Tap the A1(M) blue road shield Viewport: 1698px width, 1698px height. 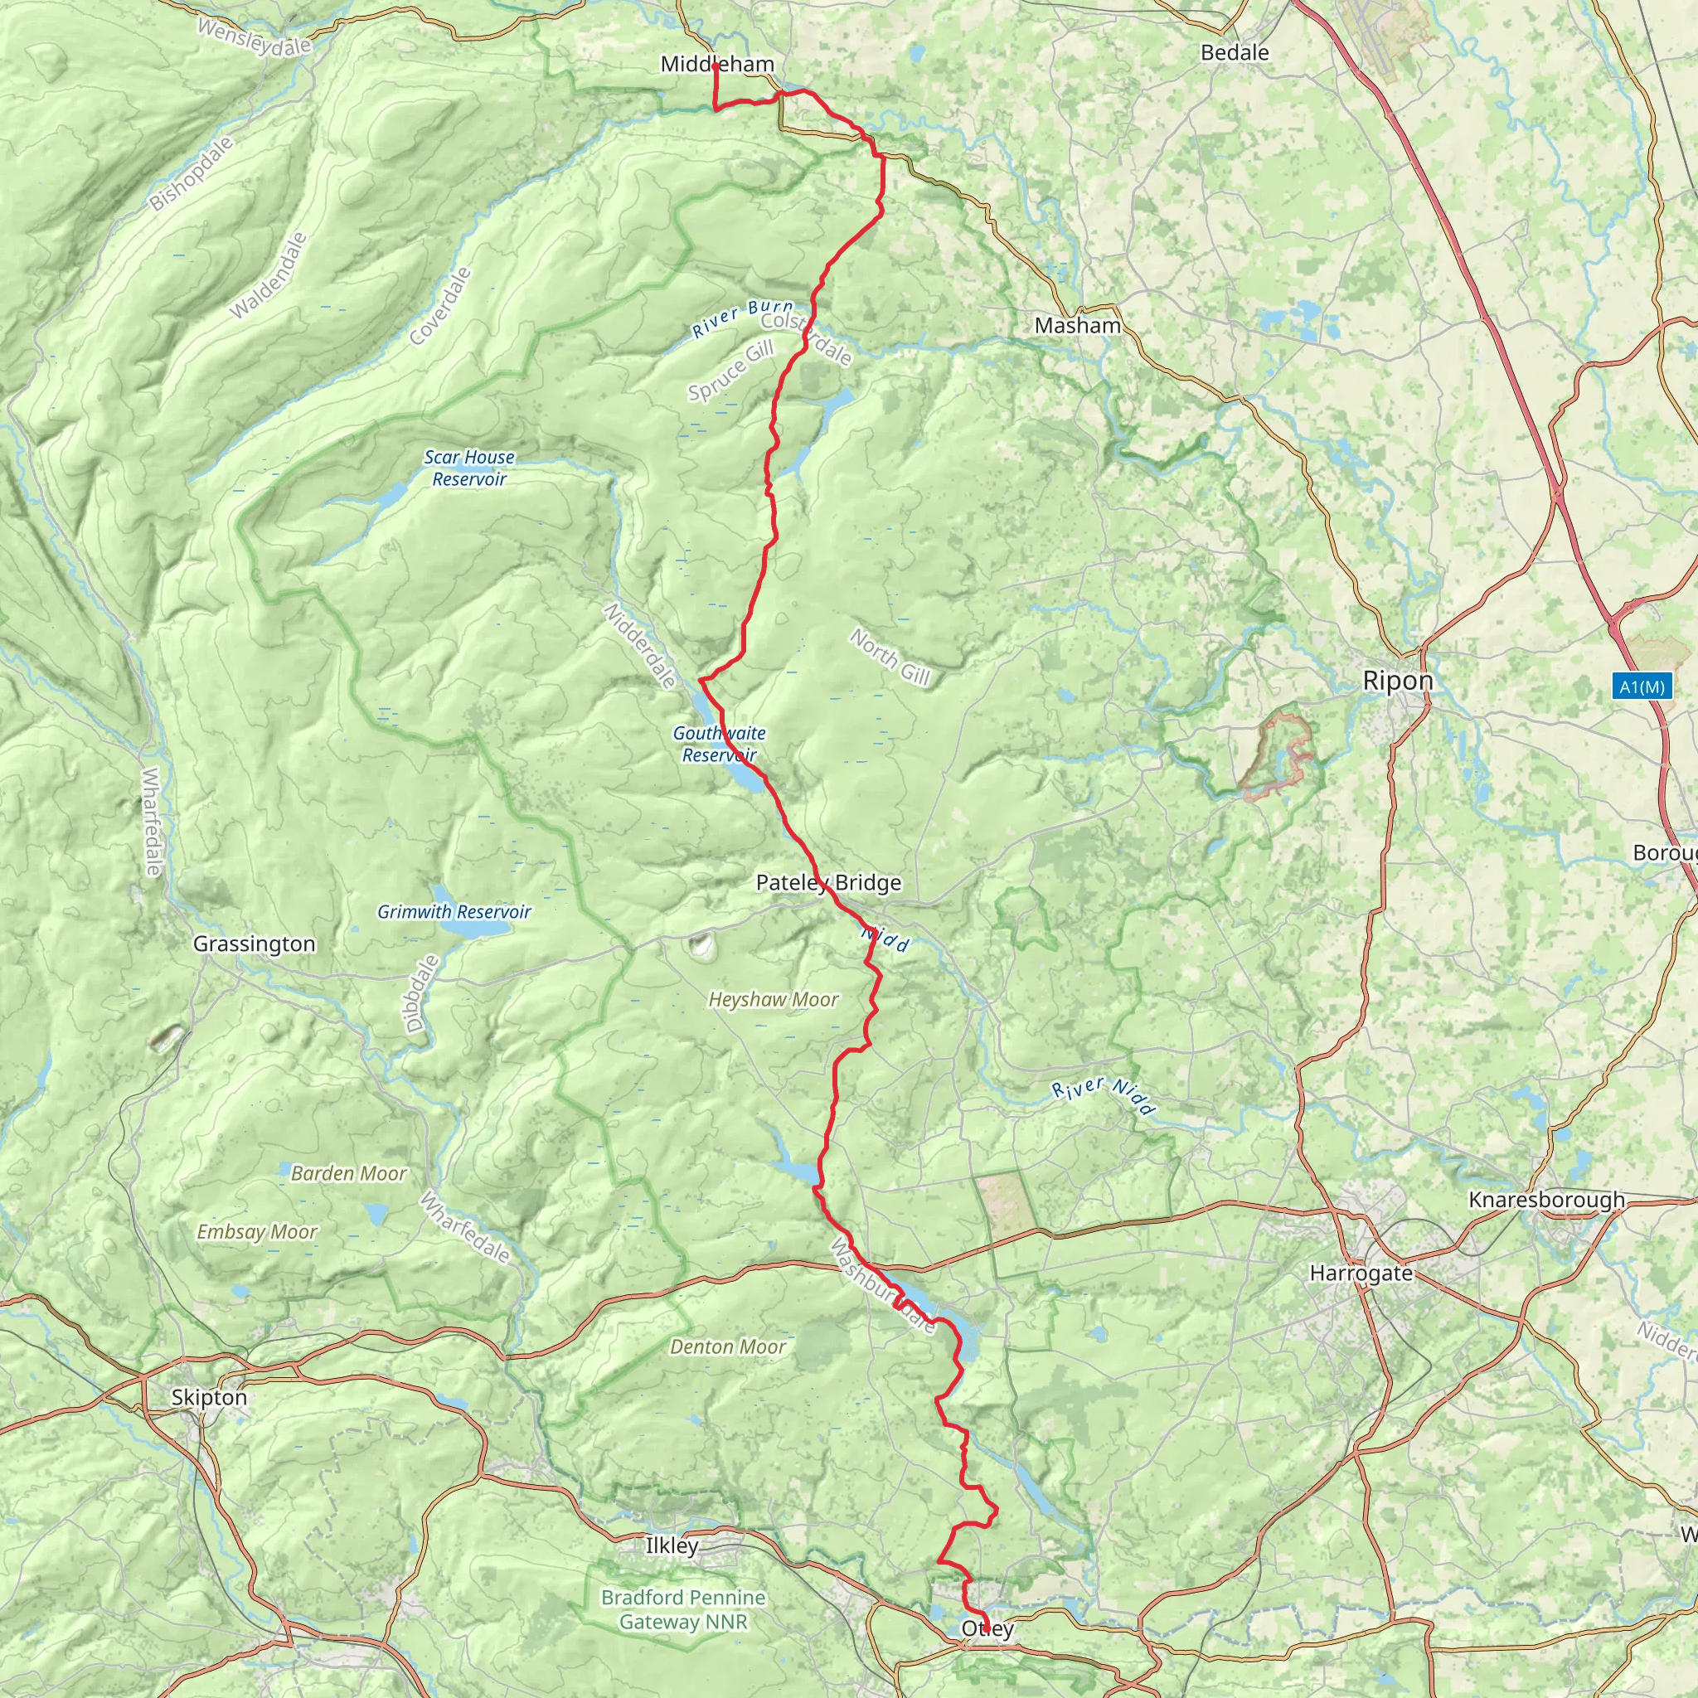coord(1642,686)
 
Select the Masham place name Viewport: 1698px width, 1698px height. coord(1078,326)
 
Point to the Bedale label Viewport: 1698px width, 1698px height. coord(1235,53)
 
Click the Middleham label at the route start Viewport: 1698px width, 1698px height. coord(717,64)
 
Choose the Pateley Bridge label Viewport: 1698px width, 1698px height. coord(829,882)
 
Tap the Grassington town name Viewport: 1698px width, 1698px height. coord(254,944)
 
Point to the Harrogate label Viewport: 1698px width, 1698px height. coord(1361,1273)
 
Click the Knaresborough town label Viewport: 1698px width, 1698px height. coord(1547,1200)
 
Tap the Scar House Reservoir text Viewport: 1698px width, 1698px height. coord(469,468)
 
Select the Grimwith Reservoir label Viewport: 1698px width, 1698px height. coord(454,911)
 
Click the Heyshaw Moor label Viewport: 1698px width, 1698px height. coord(774,999)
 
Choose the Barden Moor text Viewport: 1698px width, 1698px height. coord(349,1173)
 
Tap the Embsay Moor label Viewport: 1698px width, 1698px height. coord(257,1232)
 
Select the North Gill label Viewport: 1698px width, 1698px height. coord(890,657)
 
